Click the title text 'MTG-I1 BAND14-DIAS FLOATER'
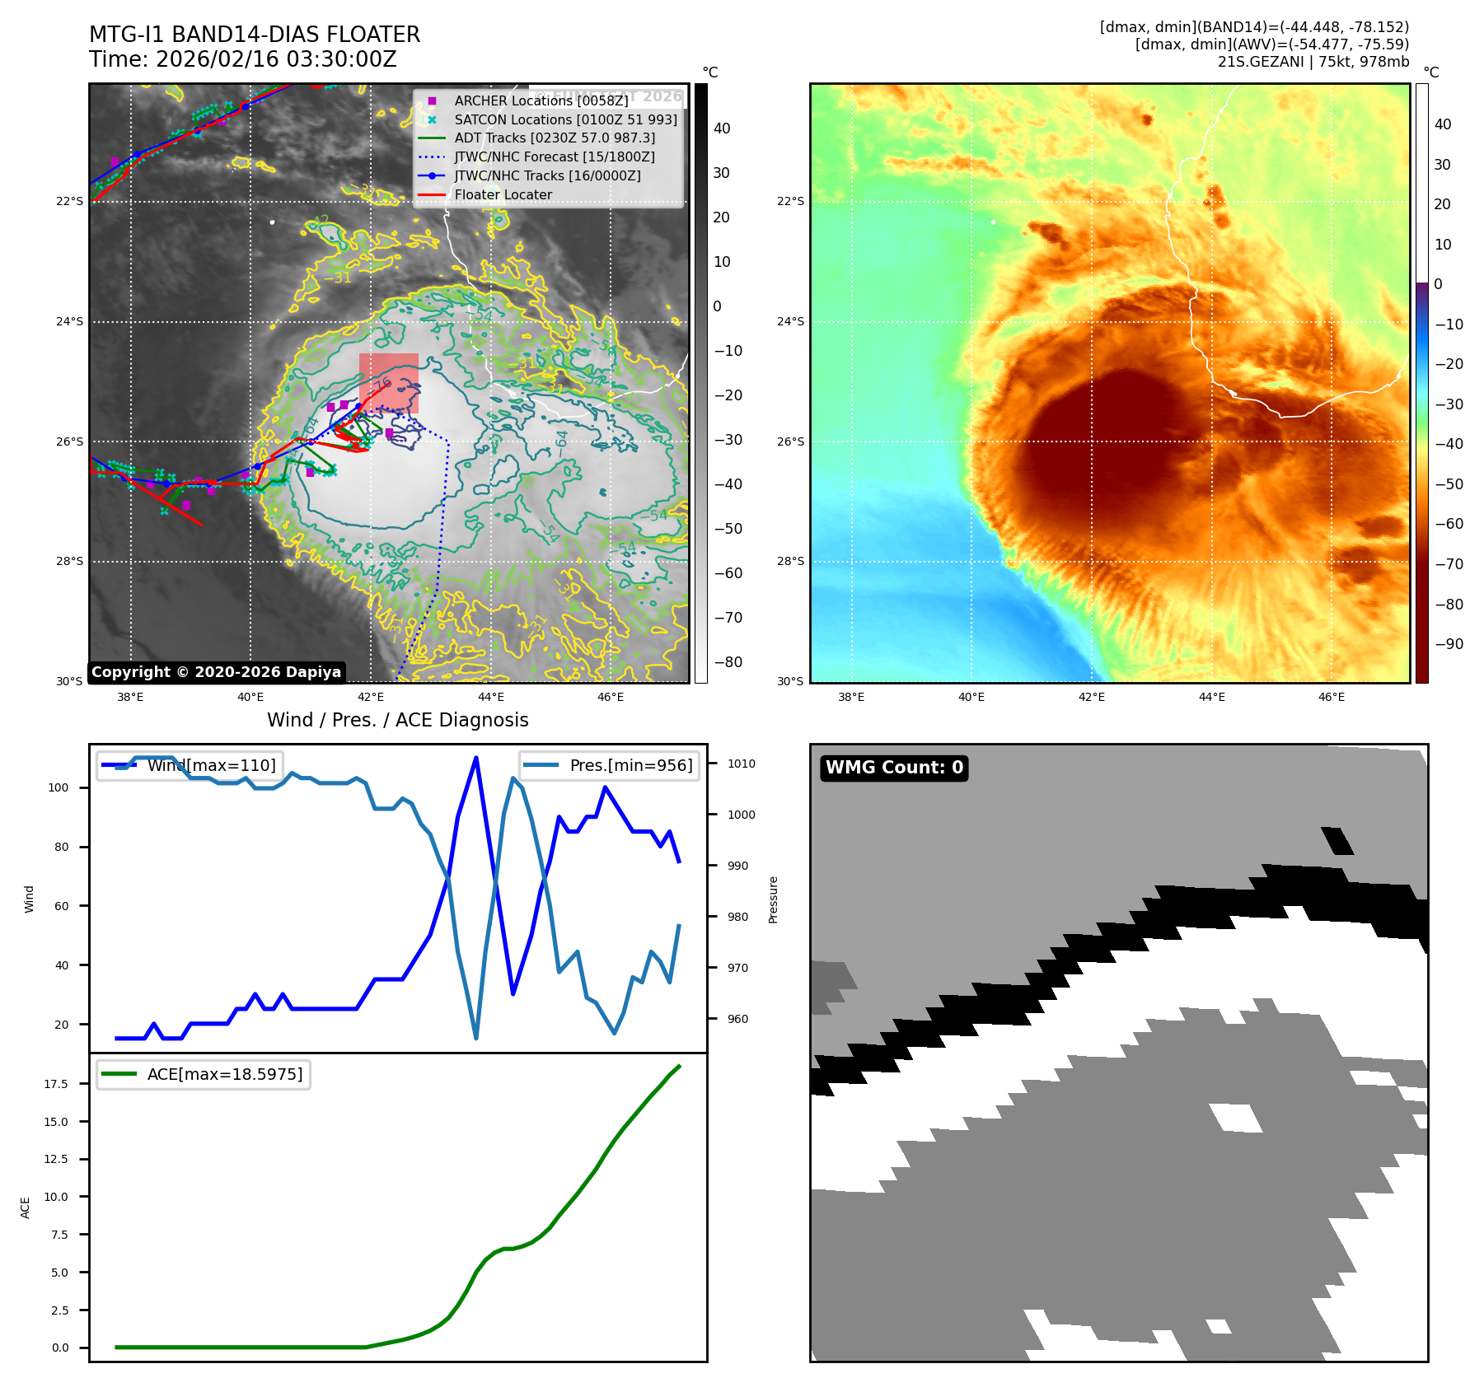pyautogui.click(x=255, y=35)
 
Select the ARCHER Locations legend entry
pyautogui.click(x=541, y=100)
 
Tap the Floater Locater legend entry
pyautogui.click(x=503, y=194)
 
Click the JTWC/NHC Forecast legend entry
pyautogui.click(x=554, y=156)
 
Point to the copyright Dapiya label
pyautogui.click(x=216, y=672)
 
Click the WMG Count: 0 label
pyautogui.click(x=894, y=768)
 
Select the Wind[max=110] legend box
pyautogui.click(x=190, y=765)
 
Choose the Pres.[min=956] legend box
pyautogui.click(x=610, y=765)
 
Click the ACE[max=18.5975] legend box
pyautogui.click(x=204, y=1074)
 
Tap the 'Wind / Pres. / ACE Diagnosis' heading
pyautogui.click(x=397, y=720)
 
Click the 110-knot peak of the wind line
pyautogui.click(x=476, y=758)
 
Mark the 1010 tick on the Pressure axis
pyautogui.click(x=741, y=764)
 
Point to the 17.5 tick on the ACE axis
pyautogui.click(x=56, y=1084)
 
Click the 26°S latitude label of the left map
pyautogui.click(x=70, y=441)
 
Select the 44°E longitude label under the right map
pyautogui.click(x=1211, y=697)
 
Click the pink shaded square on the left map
pyautogui.click(x=389, y=383)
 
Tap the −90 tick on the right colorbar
pyautogui.click(x=1449, y=644)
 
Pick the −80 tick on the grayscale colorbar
pyautogui.click(x=728, y=662)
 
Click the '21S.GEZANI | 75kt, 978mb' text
pyautogui.click(x=1313, y=62)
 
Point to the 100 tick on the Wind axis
pyautogui.click(x=59, y=787)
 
